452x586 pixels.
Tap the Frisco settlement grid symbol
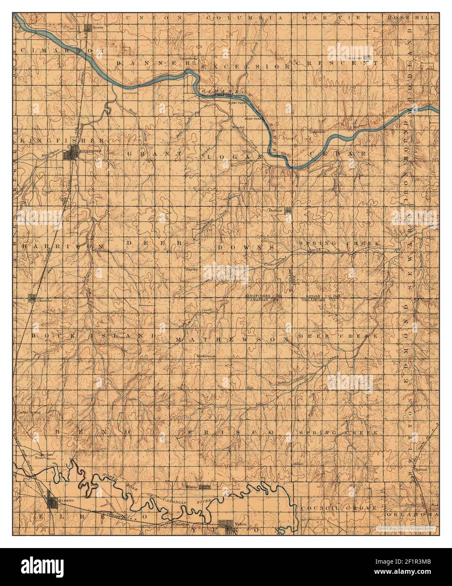(x=205, y=487)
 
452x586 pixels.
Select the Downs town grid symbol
(x=288, y=211)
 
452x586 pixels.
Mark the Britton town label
(x=421, y=468)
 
